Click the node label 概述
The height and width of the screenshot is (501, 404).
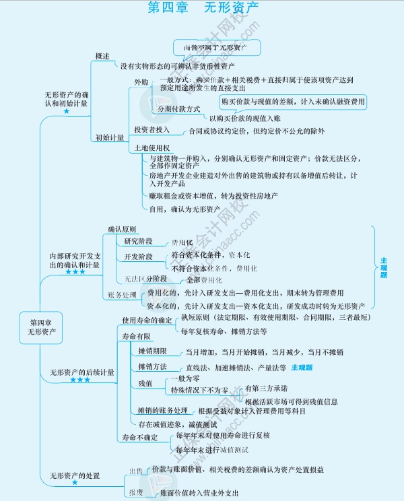[x=103, y=56]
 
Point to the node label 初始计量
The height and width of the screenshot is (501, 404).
[x=108, y=137]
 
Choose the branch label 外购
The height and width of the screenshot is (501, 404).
[x=141, y=81]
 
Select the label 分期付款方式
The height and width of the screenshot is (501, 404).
[x=178, y=108]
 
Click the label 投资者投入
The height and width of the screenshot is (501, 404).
[x=151, y=129]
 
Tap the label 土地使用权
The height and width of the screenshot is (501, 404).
[x=151, y=147]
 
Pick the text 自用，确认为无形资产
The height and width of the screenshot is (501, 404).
[x=184, y=209]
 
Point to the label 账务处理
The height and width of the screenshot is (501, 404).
[x=121, y=295]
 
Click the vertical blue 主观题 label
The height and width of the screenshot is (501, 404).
[x=383, y=268]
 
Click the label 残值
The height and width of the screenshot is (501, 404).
[x=145, y=383]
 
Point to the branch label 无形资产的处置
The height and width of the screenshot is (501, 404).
[x=75, y=476]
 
